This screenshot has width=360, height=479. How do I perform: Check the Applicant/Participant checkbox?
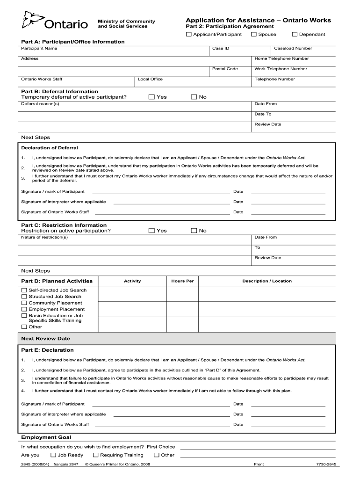click(189, 34)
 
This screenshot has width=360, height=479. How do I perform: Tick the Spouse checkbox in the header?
click(254, 34)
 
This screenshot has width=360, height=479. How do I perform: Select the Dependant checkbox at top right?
click(295, 34)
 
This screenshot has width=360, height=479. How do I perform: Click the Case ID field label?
click(221, 48)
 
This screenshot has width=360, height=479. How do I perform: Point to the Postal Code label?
click(225, 69)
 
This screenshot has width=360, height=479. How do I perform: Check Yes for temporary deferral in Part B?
click(151, 97)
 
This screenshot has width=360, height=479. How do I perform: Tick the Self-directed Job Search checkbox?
click(24, 290)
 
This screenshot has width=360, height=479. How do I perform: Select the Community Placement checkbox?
click(24, 303)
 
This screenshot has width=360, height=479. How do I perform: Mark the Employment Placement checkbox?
click(24, 309)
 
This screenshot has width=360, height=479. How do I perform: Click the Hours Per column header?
click(182, 281)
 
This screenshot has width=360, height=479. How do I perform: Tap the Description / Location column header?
click(266, 281)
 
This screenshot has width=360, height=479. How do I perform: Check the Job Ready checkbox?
click(53, 455)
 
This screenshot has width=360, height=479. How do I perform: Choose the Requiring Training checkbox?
click(96, 455)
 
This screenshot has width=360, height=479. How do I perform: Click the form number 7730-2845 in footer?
click(326, 464)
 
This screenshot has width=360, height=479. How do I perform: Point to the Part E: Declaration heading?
click(47, 350)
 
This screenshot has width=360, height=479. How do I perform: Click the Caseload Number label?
click(293, 48)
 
